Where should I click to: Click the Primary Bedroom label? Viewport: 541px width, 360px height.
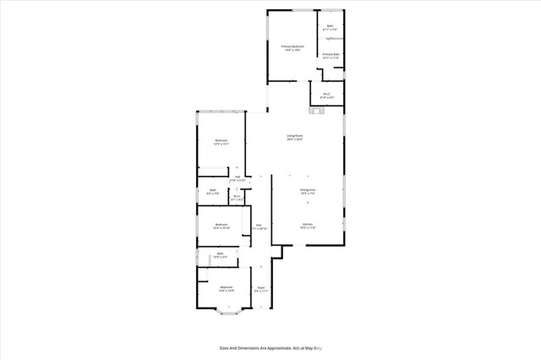pos(292,48)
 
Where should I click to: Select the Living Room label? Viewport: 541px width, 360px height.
pos(294,137)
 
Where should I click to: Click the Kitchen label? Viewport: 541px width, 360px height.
pos(307,226)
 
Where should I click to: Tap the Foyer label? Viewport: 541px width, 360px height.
pos(261,288)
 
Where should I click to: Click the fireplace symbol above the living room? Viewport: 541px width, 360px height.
pos(317,108)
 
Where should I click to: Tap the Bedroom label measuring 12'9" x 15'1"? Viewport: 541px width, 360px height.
pos(221,142)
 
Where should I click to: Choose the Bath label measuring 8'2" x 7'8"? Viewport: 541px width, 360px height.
pos(213,192)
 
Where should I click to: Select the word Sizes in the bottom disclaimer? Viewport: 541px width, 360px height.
pos(226,347)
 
